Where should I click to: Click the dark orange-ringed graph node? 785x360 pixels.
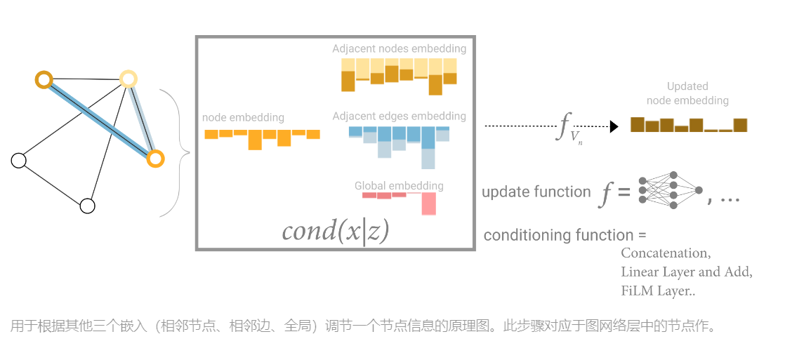tap(44, 79)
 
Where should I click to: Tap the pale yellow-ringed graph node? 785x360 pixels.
tap(128, 78)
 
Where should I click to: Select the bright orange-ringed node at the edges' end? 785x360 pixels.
tap(155, 159)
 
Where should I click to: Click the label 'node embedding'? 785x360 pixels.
tap(243, 117)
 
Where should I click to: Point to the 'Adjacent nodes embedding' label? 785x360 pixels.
tap(399, 49)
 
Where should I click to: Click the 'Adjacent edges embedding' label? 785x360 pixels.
tap(399, 116)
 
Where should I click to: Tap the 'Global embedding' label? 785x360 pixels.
tap(399, 186)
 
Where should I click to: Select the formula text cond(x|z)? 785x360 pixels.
tap(335, 231)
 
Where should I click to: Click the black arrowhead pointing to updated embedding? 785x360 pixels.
tap(614, 126)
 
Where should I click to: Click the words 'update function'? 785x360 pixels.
tap(536, 192)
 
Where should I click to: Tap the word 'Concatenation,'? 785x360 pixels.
tap(666, 253)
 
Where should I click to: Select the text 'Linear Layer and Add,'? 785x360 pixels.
tap(686, 272)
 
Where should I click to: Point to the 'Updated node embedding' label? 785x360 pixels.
tap(687, 93)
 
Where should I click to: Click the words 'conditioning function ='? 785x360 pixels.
tap(565, 235)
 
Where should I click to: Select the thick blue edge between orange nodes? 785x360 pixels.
tap(98, 118)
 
